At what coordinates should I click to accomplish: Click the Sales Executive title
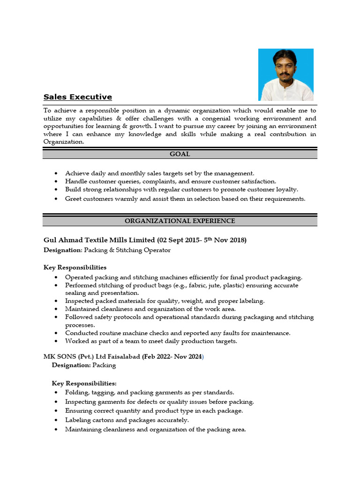(x=78, y=97)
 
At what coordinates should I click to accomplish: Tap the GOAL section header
(x=180, y=154)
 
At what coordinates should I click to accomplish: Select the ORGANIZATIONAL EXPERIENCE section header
(x=180, y=221)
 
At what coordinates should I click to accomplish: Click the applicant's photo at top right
(x=286, y=75)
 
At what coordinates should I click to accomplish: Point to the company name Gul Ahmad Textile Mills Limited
(x=99, y=240)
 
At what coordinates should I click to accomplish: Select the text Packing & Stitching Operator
(x=127, y=250)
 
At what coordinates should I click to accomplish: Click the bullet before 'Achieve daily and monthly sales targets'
(x=57, y=173)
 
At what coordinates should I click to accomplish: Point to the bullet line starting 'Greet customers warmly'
(x=185, y=199)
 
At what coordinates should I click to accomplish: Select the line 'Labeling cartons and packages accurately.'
(x=127, y=420)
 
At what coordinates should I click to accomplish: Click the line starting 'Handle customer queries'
(x=170, y=181)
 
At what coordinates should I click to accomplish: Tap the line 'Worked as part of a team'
(x=151, y=341)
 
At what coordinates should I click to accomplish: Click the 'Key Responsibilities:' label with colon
(x=84, y=383)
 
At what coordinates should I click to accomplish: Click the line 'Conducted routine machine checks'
(x=178, y=333)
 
